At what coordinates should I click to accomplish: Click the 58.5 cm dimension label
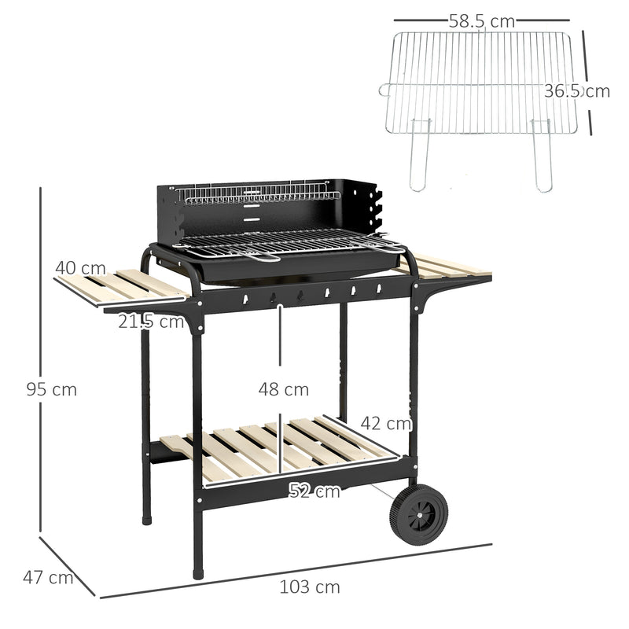(x=482, y=22)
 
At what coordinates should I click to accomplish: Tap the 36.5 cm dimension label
(x=577, y=91)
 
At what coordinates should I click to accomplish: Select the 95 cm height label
(x=51, y=389)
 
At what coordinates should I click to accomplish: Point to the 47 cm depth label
(x=48, y=578)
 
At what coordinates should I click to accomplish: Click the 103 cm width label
(x=310, y=587)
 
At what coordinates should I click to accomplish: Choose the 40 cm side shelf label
(x=80, y=268)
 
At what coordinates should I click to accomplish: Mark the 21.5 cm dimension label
(x=151, y=321)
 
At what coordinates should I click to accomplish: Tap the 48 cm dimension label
(x=284, y=389)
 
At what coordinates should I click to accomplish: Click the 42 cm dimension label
(x=387, y=424)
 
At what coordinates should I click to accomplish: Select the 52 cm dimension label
(x=314, y=491)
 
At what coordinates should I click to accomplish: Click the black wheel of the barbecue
(x=418, y=514)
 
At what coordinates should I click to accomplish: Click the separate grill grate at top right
(x=481, y=83)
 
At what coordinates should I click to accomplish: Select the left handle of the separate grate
(x=420, y=157)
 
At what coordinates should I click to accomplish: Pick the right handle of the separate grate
(x=543, y=157)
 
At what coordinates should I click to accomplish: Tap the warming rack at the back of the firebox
(x=256, y=193)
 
